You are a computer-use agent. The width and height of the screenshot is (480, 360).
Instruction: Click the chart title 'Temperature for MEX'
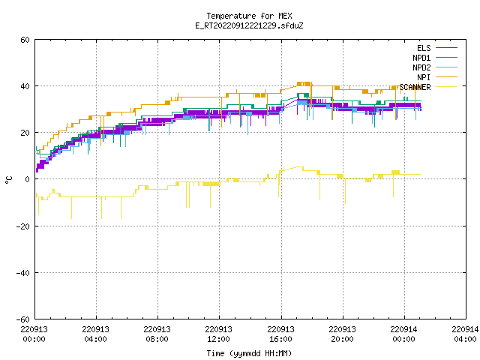point(249,16)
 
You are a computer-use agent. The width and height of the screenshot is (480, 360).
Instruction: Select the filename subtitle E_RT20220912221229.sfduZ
point(249,25)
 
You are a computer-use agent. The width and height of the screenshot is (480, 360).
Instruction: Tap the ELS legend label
point(424,48)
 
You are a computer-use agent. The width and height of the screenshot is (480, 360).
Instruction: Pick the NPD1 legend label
point(421,58)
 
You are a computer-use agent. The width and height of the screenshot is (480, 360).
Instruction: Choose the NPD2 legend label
point(421,67)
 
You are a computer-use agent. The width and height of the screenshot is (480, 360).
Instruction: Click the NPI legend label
point(424,77)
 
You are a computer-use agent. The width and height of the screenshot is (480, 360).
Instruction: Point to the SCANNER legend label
point(415,87)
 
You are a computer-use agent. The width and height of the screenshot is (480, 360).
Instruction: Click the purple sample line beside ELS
point(446,48)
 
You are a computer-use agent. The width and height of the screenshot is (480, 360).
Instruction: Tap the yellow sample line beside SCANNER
point(446,87)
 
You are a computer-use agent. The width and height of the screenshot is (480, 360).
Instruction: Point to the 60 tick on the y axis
point(25,40)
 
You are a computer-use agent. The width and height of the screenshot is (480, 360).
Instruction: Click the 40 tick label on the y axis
point(25,86)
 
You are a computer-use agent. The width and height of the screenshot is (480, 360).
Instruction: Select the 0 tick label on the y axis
point(28,179)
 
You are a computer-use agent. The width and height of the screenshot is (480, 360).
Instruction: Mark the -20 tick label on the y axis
point(23,226)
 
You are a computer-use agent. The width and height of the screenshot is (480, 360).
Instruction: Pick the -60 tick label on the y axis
point(23,319)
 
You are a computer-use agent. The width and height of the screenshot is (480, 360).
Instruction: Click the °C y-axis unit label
point(8,180)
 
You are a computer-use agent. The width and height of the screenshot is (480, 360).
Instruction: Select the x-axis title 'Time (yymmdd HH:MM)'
point(249,353)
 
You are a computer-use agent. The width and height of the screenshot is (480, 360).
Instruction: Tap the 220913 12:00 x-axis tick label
point(218,334)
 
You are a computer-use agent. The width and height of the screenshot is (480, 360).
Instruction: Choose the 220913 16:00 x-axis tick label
point(280,334)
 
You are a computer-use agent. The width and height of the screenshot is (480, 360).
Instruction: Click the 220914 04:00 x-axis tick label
point(465,334)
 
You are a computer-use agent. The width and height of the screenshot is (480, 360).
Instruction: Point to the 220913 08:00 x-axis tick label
point(157,334)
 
